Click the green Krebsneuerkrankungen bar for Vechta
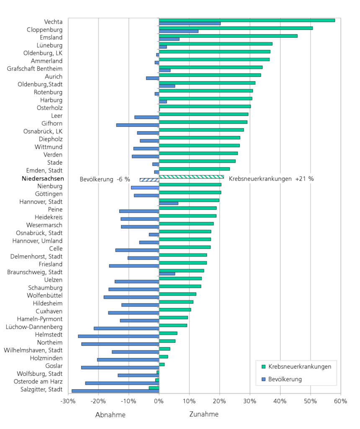point(247,20)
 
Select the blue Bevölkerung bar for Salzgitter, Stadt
point(115,391)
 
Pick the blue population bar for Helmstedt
point(118,336)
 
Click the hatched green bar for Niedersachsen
point(191,177)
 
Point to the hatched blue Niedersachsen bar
point(149,180)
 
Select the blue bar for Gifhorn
point(138,125)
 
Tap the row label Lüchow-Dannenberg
point(35,327)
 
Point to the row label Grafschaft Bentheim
point(35,69)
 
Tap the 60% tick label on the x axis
point(340,401)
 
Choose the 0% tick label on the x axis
point(159,401)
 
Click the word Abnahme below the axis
point(110,414)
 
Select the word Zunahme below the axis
point(204,414)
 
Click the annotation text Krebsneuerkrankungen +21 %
point(271,179)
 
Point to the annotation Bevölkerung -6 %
point(105,179)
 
